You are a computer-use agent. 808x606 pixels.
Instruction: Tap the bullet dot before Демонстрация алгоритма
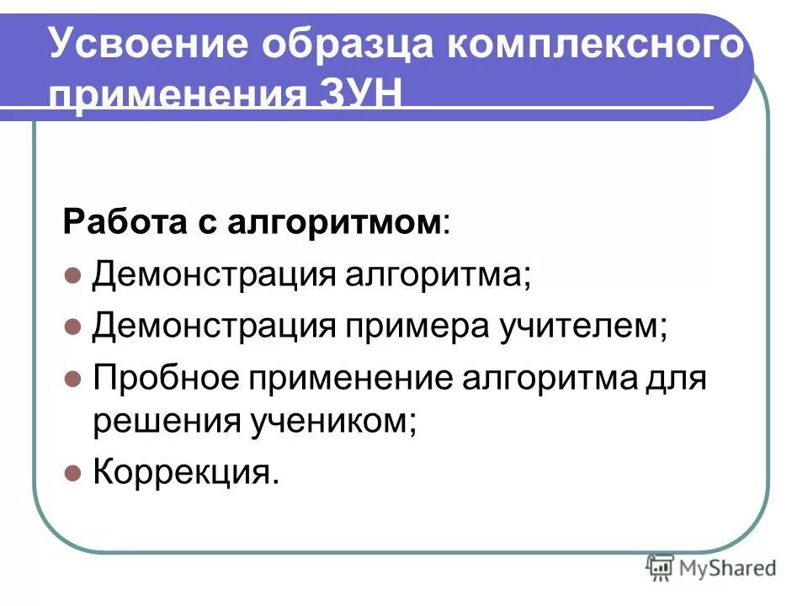tap(73, 275)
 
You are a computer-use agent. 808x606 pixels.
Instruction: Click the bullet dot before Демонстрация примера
tap(73, 326)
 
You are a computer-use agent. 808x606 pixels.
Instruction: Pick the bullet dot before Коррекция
tap(73, 473)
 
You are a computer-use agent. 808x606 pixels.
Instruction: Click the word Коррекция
tap(183, 472)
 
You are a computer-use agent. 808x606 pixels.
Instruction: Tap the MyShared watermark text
tap(727, 568)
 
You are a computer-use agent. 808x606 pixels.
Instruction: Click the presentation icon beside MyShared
tap(661, 567)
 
